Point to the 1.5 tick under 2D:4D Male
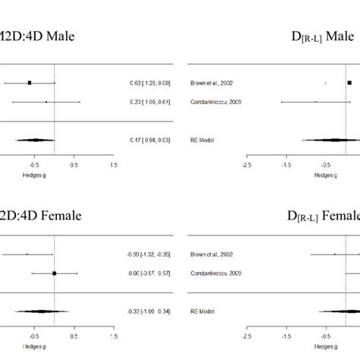point(113,164)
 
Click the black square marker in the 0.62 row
point(29,82)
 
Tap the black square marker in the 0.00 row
point(54,273)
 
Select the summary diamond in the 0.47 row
point(35,140)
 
